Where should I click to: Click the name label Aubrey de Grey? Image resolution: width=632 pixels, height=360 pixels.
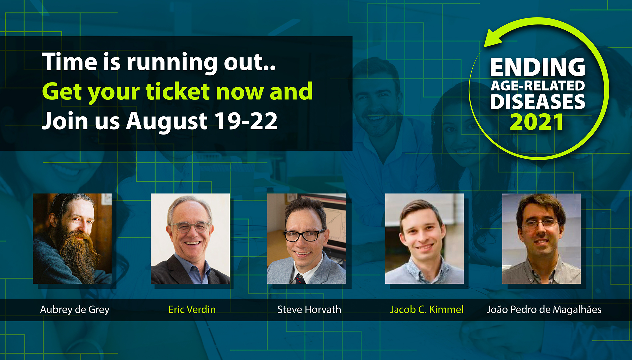pos(75,310)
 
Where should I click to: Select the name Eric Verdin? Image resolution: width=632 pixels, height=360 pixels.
pos(192,309)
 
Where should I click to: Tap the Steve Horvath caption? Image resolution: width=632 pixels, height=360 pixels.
pos(309,309)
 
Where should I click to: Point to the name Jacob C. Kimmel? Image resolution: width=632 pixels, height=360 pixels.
pos(427,309)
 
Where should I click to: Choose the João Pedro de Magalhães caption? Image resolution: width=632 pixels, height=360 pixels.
pos(544,310)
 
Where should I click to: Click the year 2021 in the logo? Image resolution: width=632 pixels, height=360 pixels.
pos(537,122)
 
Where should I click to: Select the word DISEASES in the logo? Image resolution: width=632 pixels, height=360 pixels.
pos(538,101)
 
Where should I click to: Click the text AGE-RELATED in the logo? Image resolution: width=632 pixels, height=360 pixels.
pos(538,86)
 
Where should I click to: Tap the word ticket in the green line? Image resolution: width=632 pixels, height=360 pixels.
pos(178,91)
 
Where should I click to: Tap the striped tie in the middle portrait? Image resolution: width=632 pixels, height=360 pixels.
pos(300,279)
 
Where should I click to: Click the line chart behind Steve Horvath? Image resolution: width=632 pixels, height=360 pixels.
pos(334,226)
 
